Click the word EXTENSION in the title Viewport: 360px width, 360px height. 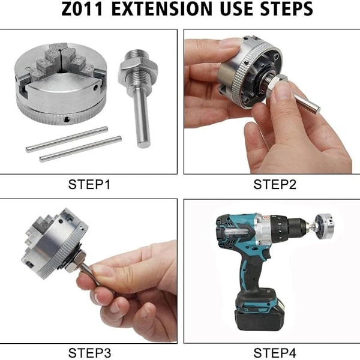tap(161, 9)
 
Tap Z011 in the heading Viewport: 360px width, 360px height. tap(82, 9)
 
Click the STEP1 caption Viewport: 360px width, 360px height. tap(89, 184)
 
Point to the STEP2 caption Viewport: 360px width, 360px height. tap(275, 184)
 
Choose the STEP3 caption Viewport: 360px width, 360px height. tap(89, 353)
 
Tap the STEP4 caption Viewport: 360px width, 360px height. tap(275, 353)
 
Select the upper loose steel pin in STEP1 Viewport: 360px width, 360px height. tap(67, 139)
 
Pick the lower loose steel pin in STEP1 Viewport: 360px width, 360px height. tap(80, 149)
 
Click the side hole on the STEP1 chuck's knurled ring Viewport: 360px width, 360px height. tap(67, 119)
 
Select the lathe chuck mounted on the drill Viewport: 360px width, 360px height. tap(324, 226)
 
